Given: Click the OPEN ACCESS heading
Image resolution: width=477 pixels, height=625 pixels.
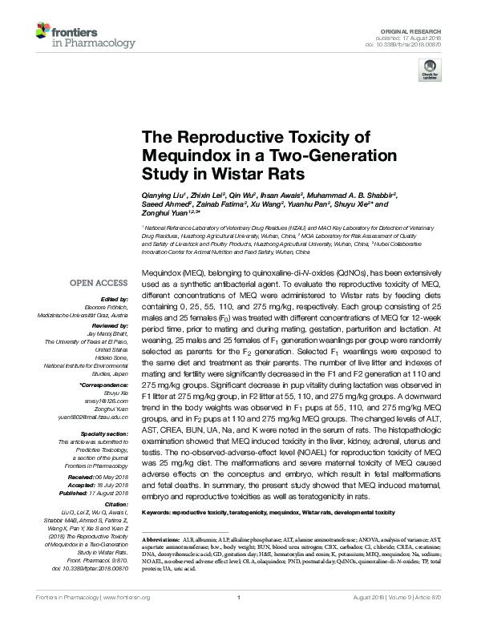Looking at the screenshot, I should click(x=99, y=282).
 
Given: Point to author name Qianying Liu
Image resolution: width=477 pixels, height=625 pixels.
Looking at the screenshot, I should click(x=164, y=194).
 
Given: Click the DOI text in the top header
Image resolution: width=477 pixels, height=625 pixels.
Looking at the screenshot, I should click(x=409, y=45).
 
